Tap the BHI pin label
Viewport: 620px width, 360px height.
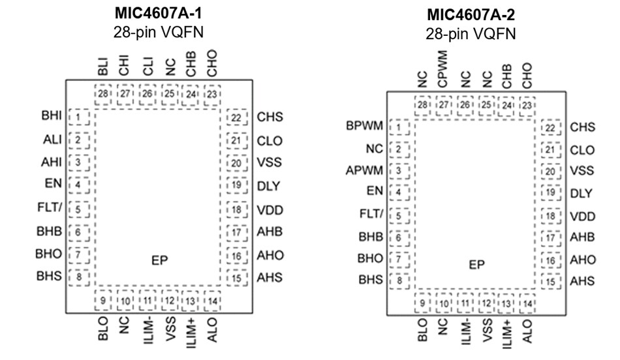click(51, 117)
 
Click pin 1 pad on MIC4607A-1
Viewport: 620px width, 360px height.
click(78, 117)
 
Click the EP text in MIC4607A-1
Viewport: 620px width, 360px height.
click(159, 260)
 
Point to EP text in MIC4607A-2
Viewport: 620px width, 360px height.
click(477, 265)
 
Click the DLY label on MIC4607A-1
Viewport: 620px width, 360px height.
click(268, 187)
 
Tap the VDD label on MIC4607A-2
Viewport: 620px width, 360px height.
click(582, 217)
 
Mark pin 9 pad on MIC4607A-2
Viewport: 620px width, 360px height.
click(424, 303)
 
